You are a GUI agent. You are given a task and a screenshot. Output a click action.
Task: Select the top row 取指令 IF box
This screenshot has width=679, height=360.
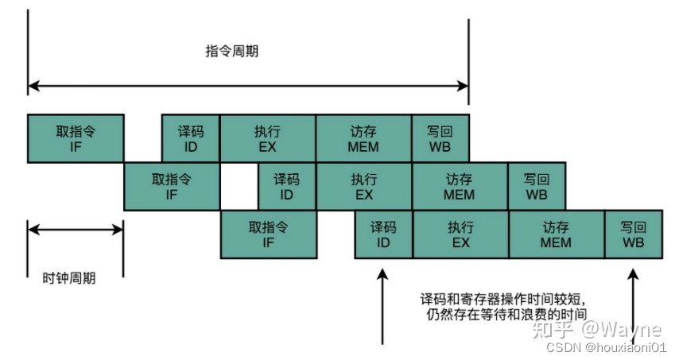[76, 138]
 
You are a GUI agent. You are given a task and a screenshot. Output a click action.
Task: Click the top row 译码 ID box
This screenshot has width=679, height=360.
[191, 138]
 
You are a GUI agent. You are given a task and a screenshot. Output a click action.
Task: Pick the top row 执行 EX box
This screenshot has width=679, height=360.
[267, 138]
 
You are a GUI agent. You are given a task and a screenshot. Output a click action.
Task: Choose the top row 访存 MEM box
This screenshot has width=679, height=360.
[363, 138]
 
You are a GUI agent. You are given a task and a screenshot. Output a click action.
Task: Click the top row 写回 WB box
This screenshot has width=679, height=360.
[440, 138]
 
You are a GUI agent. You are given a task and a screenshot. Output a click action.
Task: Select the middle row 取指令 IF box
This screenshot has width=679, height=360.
[172, 187]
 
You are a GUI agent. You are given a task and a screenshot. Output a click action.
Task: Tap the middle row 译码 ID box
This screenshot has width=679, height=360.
[286, 187]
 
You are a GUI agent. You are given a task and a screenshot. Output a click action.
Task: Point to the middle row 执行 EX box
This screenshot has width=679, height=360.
[363, 187]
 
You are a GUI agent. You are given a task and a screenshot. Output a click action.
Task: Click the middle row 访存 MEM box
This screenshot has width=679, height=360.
[459, 187]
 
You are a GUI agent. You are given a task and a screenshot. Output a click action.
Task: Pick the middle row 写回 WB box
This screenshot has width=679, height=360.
[537, 187]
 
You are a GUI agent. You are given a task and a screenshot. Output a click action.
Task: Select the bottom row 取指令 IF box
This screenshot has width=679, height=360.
[268, 234]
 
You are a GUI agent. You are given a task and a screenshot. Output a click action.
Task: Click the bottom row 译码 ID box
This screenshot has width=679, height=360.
[383, 234]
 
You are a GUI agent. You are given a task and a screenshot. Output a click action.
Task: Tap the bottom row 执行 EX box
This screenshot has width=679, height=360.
[460, 234]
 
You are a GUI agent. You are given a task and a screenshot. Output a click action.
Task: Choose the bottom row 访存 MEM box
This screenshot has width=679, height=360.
[556, 234]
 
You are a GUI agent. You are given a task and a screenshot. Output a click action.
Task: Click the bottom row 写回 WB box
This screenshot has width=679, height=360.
[633, 234]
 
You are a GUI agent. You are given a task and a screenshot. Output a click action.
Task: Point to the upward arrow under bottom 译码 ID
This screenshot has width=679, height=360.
[383, 306]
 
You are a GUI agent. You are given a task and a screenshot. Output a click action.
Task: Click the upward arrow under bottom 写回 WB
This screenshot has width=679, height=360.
[634, 306]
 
